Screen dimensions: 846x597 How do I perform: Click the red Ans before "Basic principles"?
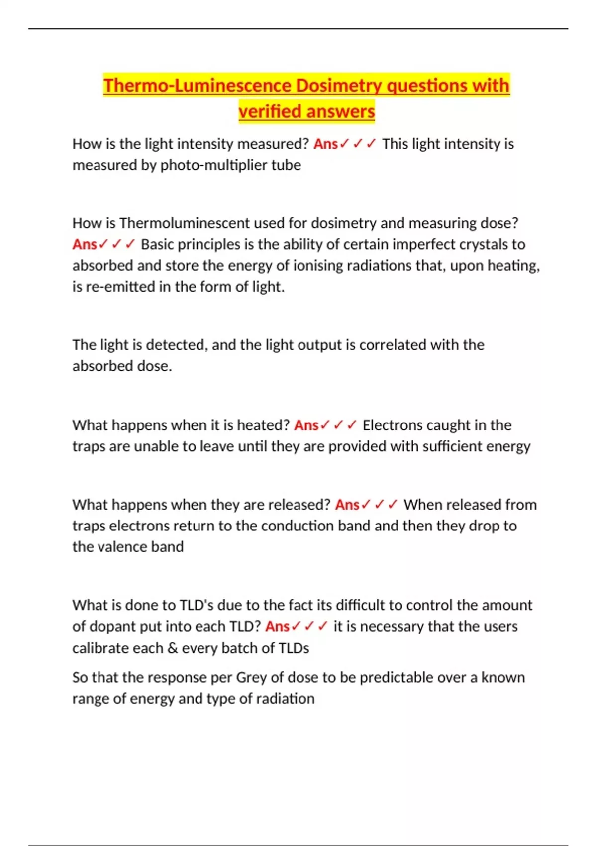(85, 244)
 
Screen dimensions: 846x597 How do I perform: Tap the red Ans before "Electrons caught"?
(306, 425)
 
